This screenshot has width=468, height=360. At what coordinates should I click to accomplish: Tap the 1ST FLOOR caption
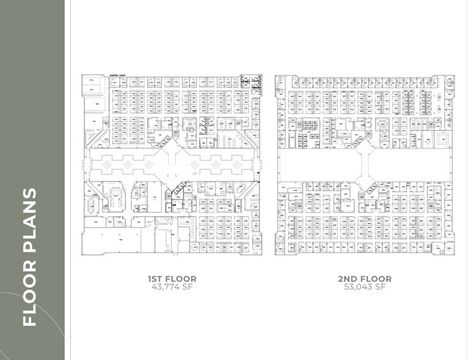172,279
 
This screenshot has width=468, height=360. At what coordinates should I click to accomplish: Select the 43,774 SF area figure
172,287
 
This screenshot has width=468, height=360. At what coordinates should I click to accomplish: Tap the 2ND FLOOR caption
365,279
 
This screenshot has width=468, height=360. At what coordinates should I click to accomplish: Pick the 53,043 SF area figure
365,287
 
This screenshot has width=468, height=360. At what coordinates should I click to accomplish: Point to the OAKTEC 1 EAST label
117,76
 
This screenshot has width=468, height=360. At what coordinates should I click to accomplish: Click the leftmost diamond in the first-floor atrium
107,165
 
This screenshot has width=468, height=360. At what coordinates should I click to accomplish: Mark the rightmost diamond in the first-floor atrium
235,165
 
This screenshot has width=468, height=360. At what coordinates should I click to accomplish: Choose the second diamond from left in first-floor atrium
127,165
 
